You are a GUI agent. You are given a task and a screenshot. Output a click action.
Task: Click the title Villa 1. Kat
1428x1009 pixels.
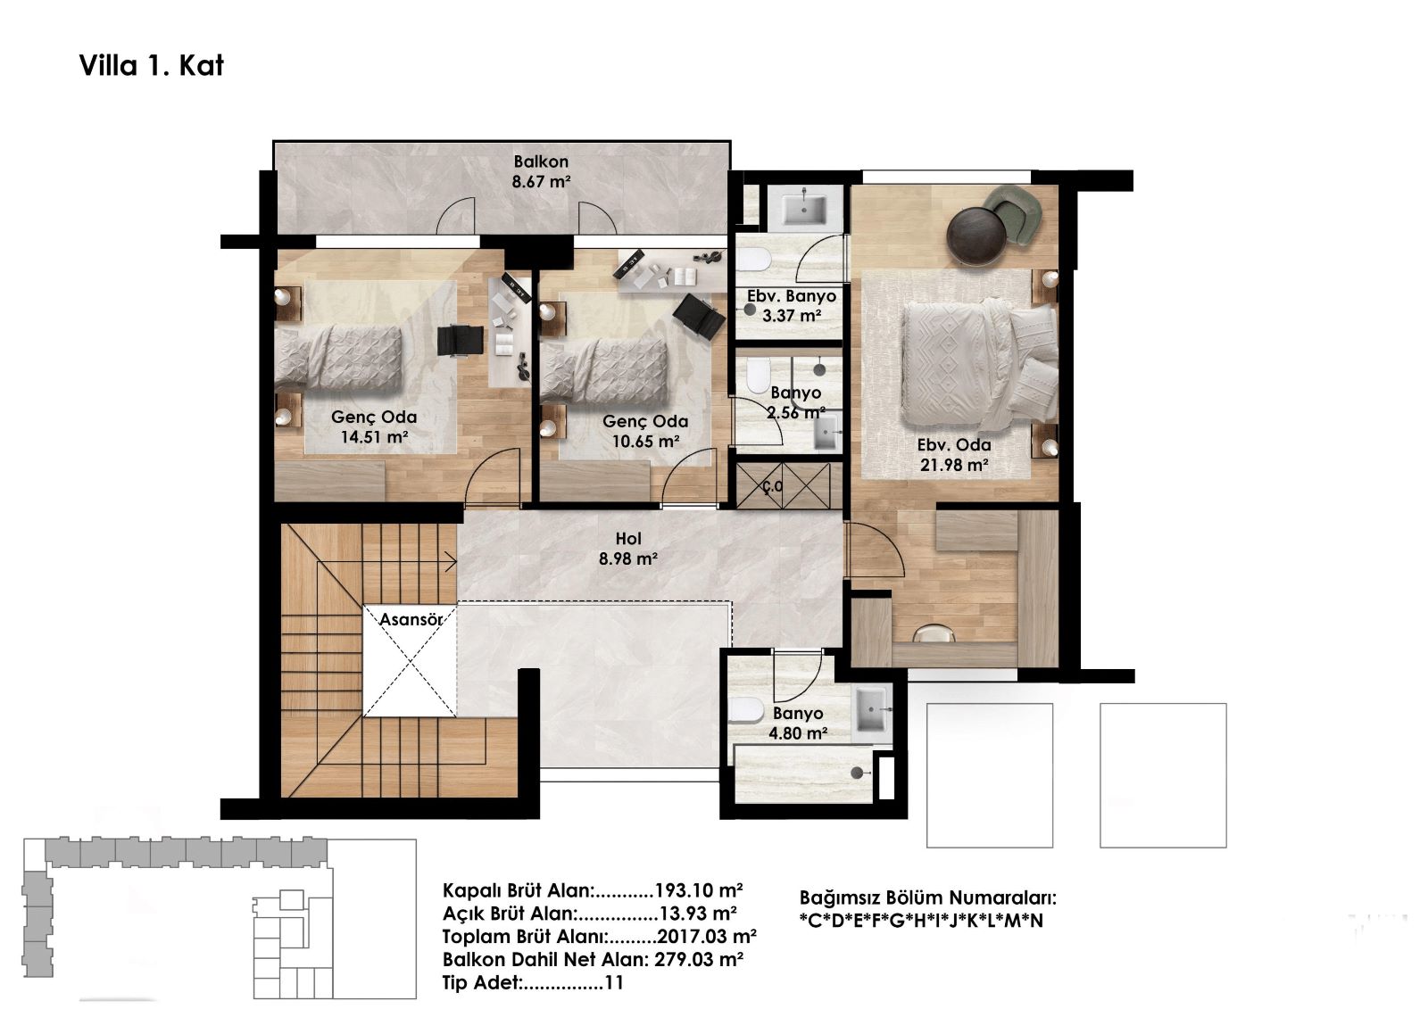coord(151,66)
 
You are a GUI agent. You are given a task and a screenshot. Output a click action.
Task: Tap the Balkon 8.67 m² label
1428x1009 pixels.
coord(541,171)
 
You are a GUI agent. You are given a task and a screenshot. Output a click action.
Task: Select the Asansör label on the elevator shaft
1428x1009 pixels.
coord(411,619)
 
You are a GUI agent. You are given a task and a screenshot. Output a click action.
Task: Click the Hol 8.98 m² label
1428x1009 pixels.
coord(628,549)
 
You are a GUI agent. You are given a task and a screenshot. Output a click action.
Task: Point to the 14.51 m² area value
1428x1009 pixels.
coord(374,437)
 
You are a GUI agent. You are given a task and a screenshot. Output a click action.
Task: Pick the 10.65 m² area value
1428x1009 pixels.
coord(646,441)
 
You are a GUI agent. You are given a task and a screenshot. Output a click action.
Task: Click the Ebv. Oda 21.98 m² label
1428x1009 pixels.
coord(954,455)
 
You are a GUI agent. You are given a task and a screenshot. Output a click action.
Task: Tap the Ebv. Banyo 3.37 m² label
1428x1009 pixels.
coord(792,306)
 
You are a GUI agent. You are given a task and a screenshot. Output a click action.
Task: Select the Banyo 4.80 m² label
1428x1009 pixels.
coord(798,723)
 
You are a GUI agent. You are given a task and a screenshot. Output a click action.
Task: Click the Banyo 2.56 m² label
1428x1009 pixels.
coord(795,403)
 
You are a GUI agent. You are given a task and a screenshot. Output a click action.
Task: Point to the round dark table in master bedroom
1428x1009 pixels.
coord(976,236)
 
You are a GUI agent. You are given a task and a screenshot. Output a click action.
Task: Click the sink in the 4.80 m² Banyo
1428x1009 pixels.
coord(871,708)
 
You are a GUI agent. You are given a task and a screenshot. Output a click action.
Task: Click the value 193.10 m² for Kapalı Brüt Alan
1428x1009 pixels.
coord(699,890)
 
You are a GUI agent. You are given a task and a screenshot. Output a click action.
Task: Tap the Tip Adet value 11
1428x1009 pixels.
coord(614,982)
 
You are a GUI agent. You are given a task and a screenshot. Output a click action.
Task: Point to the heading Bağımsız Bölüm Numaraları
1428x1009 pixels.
coord(927,898)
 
